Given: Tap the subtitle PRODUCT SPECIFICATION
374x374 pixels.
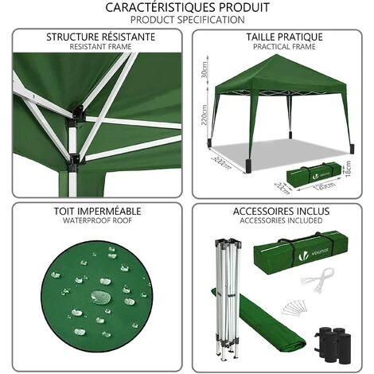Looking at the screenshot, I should coord(187,18).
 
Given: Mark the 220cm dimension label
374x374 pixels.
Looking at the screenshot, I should coord(204,117).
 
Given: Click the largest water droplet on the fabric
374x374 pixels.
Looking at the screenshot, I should coord(100,298).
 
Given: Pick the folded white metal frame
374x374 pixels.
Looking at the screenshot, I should coord(228,298).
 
